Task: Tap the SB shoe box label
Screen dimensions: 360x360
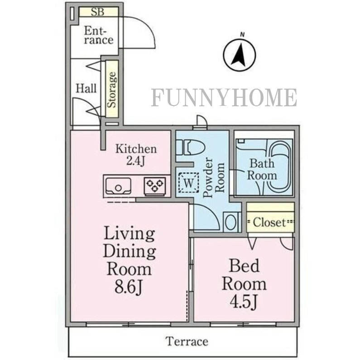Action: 97,12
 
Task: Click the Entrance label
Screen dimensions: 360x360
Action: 99,36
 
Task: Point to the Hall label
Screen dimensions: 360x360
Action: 86,88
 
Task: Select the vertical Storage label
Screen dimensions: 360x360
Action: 112,90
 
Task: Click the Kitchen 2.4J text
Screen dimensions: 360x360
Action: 136,155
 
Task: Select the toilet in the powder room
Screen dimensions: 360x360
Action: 190,147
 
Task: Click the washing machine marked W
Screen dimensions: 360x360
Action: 188,183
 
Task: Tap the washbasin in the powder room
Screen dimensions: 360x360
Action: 231,222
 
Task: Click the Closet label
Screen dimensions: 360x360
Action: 269,222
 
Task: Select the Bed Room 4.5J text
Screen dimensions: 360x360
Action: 244,284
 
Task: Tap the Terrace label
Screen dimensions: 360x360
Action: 187,341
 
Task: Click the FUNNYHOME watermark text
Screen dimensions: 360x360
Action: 224,98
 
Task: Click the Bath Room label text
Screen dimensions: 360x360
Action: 262,169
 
